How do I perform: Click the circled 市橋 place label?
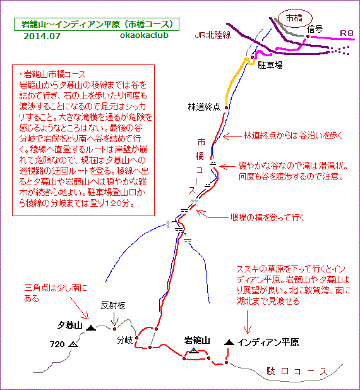(294, 18)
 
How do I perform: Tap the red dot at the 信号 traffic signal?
(308, 36)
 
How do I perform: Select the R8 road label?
(346, 33)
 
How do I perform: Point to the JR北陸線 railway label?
(213, 35)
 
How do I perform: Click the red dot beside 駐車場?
(252, 58)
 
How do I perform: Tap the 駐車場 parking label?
(270, 65)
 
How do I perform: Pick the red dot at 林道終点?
(226, 107)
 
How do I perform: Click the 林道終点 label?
(204, 107)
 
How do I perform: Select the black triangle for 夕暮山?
(91, 328)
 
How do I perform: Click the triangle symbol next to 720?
(73, 344)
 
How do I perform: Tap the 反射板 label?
(113, 306)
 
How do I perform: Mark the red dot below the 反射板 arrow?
(114, 329)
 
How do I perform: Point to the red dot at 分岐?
(136, 338)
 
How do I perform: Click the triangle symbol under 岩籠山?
(194, 351)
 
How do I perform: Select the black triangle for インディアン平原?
(229, 342)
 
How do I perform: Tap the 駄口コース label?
(297, 372)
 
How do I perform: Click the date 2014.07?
(42, 36)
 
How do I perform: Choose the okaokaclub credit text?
(144, 35)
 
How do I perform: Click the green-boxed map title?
(97, 25)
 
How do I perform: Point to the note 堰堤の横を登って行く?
(267, 217)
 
